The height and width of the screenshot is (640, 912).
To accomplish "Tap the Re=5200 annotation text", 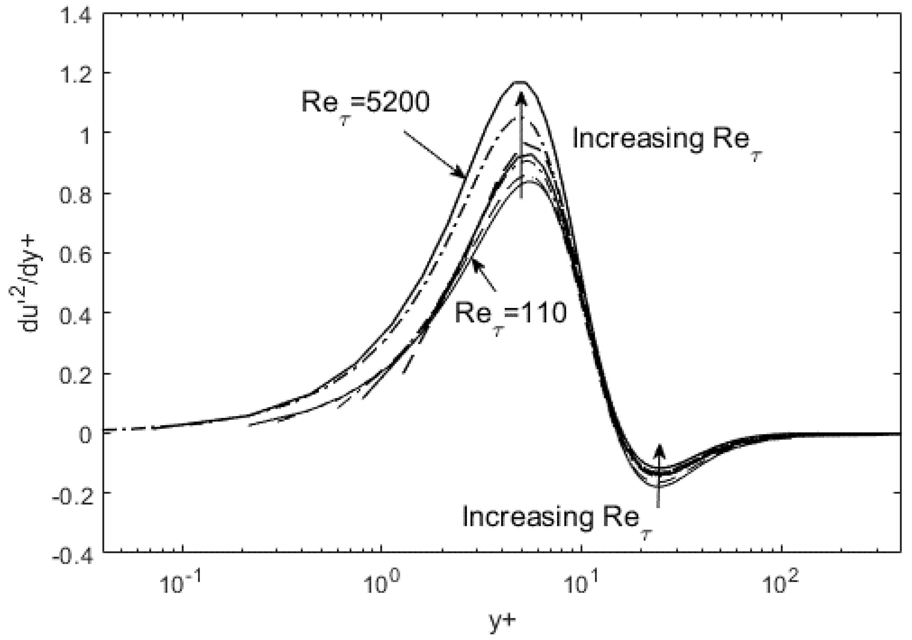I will pos(366,105).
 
